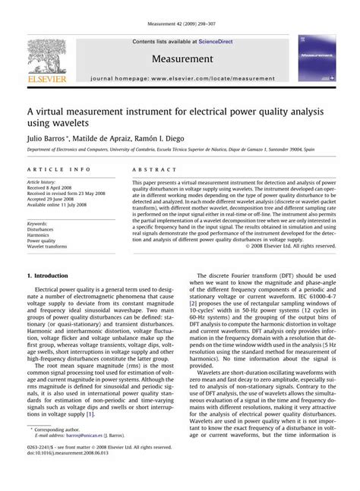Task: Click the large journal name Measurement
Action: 182,58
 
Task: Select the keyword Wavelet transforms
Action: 47,247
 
